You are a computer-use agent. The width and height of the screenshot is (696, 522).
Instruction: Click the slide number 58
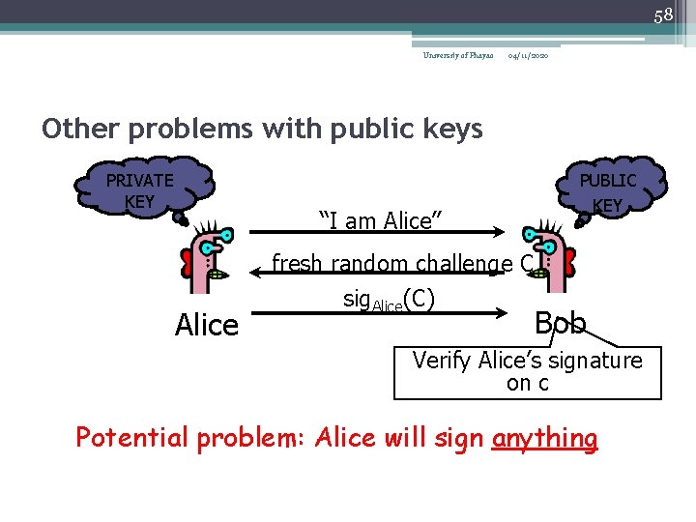[x=662, y=14]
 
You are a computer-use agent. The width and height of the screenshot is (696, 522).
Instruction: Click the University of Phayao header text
[x=457, y=56]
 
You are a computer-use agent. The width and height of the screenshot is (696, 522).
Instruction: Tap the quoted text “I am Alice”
[x=380, y=221]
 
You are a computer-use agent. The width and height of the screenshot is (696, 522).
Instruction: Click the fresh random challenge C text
[x=403, y=263]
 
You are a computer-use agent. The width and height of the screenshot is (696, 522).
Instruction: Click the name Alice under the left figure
[x=206, y=326]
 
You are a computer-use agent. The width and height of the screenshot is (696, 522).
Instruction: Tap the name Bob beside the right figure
[x=561, y=323]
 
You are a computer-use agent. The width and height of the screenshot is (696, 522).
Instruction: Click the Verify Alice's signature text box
[x=527, y=372]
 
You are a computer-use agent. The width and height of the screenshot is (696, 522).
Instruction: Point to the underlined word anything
[x=544, y=438]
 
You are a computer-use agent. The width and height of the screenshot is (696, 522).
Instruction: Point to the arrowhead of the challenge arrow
[x=257, y=275]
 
